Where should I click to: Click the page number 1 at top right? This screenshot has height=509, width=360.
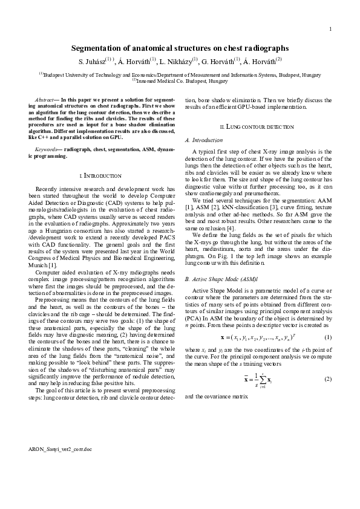pos(330,29)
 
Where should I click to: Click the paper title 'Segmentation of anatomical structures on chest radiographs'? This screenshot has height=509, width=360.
pos(180,48)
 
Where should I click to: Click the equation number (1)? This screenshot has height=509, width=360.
pos(328,337)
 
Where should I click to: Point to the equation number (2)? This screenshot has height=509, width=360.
pos(328,379)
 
